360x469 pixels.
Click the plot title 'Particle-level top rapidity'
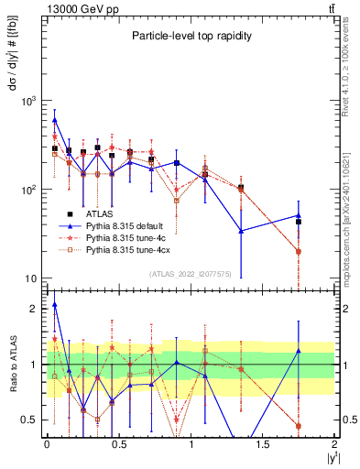pos(191,34)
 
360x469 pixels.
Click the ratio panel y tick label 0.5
pos(31,420)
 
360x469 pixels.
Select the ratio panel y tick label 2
pos(35,309)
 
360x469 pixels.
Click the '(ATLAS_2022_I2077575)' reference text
pos(191,274)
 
